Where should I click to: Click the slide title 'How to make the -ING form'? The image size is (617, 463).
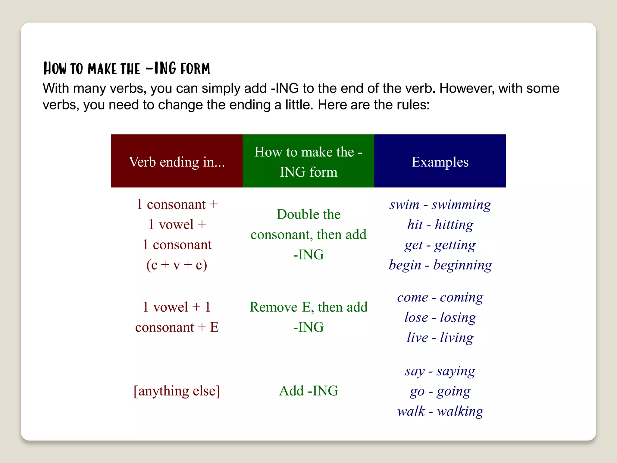[x=127, y=68]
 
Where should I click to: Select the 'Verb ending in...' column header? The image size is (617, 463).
[x=177, y=162]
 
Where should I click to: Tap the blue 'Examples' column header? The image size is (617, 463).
[x=440, y=162]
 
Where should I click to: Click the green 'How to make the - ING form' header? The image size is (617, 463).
[x=308, y=162]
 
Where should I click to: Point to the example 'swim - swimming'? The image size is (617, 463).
[x=440, y=205]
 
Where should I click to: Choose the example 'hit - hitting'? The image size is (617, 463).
[x=440, y=225]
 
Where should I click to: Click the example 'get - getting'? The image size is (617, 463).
[x=440, y=245]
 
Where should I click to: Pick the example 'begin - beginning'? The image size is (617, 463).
[x=440, y=265]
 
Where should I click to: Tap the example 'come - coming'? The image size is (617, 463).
[x=440, y=298]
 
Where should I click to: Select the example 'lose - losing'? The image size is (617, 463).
[x=440, y=317]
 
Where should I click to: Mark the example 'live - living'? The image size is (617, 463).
[x=440, y=338]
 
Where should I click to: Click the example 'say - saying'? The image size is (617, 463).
[x=440, y=371]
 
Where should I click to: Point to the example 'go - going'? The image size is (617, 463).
[x=440, y=391]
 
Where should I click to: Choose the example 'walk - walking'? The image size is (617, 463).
[x=440, y=411]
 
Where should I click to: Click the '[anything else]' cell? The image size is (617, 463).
[x=177, y=391]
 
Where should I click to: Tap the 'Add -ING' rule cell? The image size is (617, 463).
[x=308, y=391]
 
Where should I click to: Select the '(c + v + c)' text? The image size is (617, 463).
[x=177, y=265]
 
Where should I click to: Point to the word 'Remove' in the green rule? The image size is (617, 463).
[x=274, y=307]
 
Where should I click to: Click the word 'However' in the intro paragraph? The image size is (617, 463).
[x=466, y=89]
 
